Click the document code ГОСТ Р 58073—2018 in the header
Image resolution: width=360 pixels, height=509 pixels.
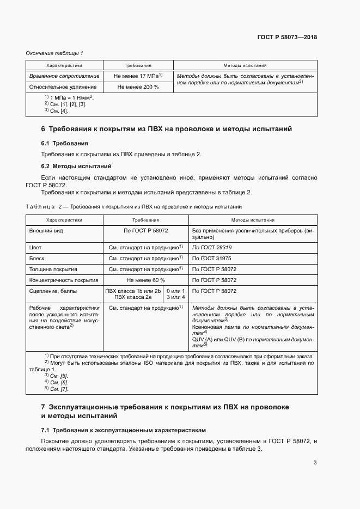click(x=287, y=38)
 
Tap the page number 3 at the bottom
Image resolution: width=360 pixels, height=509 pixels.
click(x=315, y=463)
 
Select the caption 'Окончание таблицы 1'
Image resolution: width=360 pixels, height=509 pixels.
click(x=54, y=53)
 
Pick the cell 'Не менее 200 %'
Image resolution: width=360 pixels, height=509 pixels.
click(x=138, y=87)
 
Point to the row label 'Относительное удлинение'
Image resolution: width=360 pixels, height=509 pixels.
click(x=63, y=87)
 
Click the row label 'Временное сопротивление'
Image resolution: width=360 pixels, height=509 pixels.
click(x=64, y=76)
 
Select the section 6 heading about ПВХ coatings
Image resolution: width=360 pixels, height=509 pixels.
click(x=167, y=129)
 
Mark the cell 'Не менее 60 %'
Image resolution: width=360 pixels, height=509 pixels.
click(x=145, y=280)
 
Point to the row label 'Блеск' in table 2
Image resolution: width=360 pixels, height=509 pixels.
click(x=38, y=258)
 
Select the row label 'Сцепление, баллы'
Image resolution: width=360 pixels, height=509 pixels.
click(x=53, y=291)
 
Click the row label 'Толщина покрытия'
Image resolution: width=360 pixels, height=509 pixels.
click(x=53, y=269)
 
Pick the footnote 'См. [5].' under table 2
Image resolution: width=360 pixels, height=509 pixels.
click(x=54, y=376)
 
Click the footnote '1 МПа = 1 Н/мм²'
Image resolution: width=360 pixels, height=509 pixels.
click(x=69, y=97)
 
